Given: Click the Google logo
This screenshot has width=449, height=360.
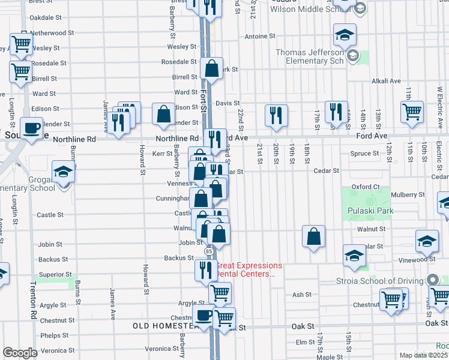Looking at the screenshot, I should pos(20,353).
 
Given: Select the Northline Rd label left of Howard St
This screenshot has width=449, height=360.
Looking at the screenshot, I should pos(74,139).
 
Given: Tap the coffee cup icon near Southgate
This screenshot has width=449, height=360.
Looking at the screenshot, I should pos(31,127).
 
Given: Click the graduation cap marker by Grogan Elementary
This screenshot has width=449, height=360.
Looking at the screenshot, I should pos(62,172).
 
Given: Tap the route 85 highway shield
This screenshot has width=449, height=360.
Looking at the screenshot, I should pos(208,251).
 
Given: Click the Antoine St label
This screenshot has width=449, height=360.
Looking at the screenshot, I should pos(260,37).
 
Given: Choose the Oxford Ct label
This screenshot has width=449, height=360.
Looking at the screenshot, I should pos(366,187).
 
